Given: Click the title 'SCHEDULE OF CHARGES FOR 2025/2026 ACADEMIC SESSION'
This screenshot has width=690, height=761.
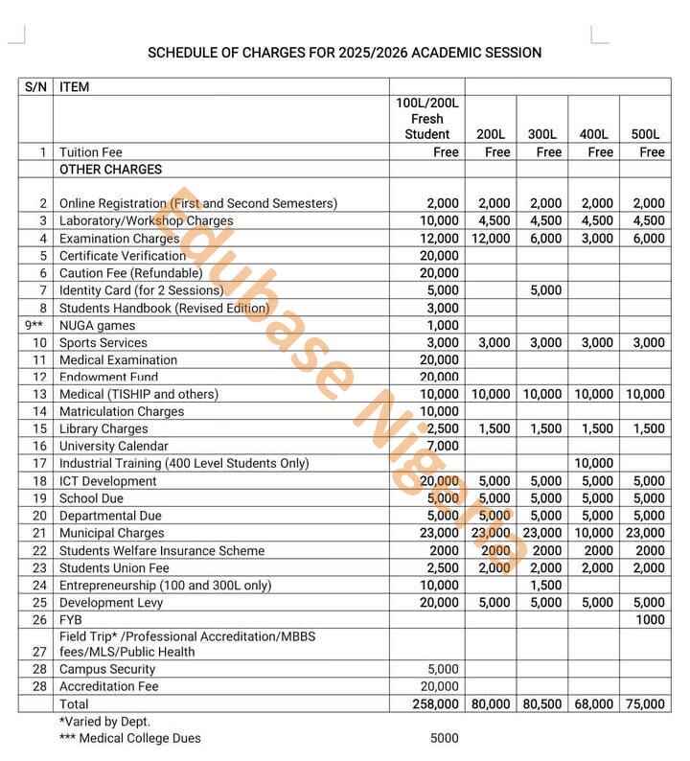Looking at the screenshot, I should point(344,52).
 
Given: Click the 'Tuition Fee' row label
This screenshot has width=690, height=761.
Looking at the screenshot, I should point(91,151).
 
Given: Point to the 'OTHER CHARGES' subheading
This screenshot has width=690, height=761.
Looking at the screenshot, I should point(110,170).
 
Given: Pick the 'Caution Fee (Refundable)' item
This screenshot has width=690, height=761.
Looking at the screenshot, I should point(130,273).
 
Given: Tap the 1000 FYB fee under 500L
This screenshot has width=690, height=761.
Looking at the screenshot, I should point(651,620).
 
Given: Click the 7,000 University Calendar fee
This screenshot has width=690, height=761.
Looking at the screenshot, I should point(441,446).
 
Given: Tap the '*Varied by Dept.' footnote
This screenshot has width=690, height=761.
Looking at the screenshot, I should point(104,721).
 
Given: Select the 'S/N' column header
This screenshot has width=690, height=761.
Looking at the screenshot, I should point(35,87).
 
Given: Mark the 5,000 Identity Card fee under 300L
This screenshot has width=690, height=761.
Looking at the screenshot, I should point(545,290).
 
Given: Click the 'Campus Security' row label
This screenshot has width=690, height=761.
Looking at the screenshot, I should point(107,669).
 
